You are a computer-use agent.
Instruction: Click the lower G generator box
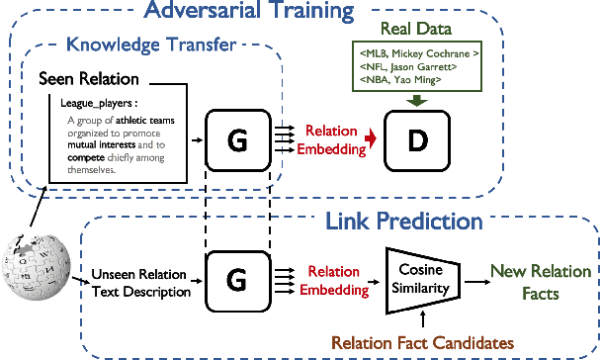tap(237, 279)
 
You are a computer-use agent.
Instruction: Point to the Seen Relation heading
tap(89, 77)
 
